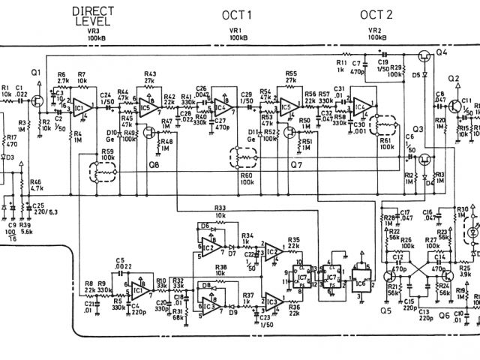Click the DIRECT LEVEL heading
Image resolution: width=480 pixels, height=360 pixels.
pyautogui.click(x=93, y=16)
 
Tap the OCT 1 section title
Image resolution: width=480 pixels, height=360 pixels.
pyautogui.click(x=237, y=15)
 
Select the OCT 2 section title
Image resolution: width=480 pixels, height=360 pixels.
pyautogui.click(x=376, y=15)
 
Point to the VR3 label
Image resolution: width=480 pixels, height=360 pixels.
pyautogui.click(x=94, y=29)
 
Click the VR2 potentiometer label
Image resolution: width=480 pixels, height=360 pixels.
pyautogui.click(x=374, y=29)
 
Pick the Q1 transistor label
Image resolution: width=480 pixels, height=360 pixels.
pyautogui.click(x=36, y=71)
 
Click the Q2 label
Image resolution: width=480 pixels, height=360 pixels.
pyautogui.click(x=453, y=79)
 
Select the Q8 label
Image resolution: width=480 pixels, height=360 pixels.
pyautogui.click(x=154, y=163)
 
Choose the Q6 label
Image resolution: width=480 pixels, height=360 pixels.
pyautogui.click(x=445, y=316)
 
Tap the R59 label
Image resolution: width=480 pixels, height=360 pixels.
pyautogui.click(x=108, y=152)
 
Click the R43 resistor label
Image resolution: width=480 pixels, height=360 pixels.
pyautogui.click(x=150, y=73)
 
